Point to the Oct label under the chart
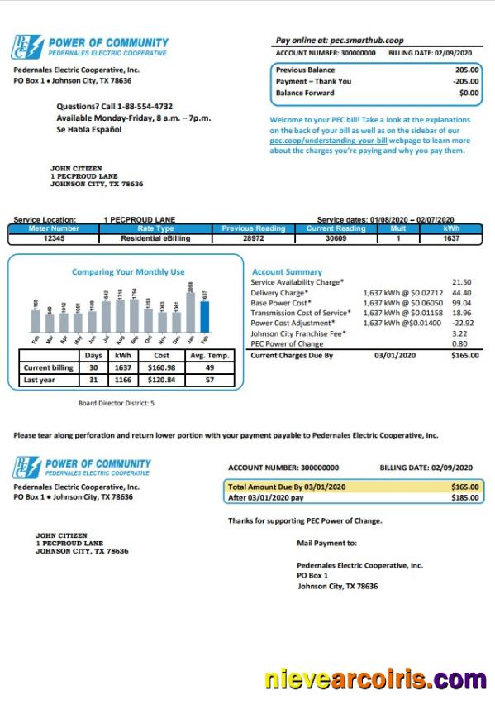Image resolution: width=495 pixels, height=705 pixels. [148, 339]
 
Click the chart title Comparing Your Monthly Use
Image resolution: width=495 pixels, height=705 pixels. [128, 271]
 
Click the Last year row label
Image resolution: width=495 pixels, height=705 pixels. [40, 381]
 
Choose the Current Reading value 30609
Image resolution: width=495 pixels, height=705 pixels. [336, 238]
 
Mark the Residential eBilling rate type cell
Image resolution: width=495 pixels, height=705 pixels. [156, 238]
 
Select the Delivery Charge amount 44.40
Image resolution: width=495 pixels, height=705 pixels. [461, 293]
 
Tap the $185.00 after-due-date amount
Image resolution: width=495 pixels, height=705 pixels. [464, 498]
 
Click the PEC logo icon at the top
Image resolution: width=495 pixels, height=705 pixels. [26, 47]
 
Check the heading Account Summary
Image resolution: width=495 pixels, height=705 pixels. [287, 271]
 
